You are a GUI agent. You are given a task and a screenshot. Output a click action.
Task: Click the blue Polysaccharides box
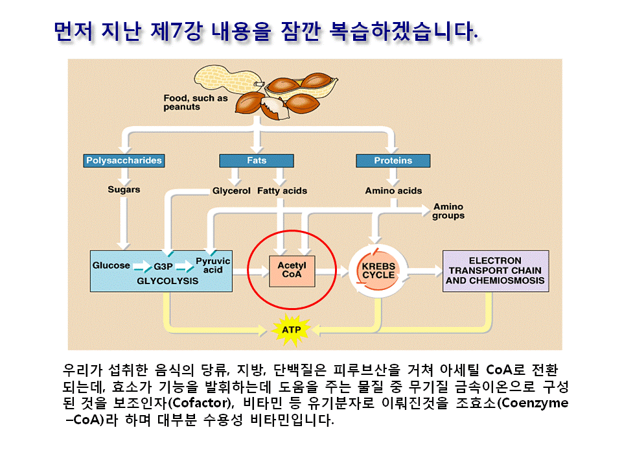click(124, 160)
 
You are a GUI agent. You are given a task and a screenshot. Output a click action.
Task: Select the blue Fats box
click(257, 160)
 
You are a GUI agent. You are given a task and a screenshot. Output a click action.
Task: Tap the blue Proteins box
click(393, 160)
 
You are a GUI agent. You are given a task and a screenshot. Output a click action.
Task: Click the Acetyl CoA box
click(292, 270)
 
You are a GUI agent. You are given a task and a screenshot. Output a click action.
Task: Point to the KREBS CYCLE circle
click(378, 270)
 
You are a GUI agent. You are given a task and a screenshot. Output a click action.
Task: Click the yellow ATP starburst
click(291, 329)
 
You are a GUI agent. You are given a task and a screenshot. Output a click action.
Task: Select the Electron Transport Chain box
click(495, 270)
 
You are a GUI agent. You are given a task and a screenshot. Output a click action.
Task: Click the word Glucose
click(111, 265)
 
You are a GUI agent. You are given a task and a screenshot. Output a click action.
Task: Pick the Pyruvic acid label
click(213, 265)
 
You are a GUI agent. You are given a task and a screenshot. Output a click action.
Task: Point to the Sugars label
click(124, 190)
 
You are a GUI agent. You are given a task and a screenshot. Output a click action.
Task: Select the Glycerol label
click(231, 191)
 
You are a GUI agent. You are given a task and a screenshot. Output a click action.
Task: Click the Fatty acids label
click(282, 191)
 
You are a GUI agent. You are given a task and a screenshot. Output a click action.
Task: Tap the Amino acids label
click(393, 191)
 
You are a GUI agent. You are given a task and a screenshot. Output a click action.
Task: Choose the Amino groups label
click(448, 211)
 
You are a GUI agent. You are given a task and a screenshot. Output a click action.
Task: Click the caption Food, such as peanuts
click(195, 102)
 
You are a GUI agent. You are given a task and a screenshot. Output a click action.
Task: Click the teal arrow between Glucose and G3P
click(142, 267)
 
